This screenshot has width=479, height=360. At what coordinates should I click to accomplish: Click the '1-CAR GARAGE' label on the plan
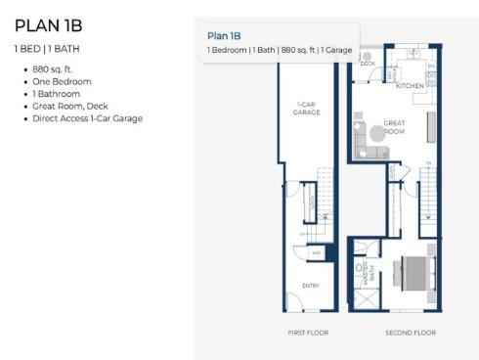306,109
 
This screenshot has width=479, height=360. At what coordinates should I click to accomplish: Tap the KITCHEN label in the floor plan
410,86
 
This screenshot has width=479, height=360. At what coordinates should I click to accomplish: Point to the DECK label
368,65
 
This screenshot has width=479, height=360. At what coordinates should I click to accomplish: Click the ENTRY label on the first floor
310,286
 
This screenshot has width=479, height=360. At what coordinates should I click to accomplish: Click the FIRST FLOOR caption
308,333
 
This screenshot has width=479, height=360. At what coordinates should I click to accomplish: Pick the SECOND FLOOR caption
411,333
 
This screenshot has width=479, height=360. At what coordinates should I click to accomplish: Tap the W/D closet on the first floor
316,252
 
